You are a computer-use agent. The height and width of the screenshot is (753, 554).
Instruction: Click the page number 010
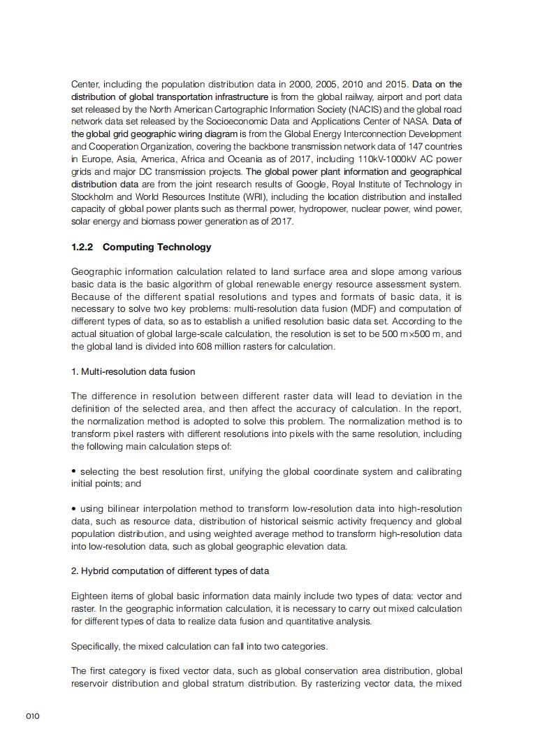(33, 716)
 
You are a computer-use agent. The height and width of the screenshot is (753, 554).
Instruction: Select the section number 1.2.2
(84, 247)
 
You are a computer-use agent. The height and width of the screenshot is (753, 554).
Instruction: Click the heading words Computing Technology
(156, 247)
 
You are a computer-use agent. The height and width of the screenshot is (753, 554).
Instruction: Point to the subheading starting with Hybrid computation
(170, 571)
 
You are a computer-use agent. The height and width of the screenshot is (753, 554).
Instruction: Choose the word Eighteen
(91, 596)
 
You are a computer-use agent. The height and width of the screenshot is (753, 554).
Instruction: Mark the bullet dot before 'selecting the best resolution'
(74, 471)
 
